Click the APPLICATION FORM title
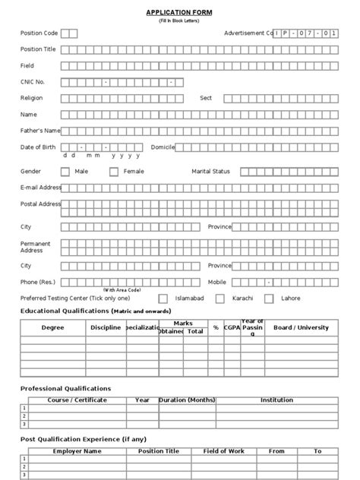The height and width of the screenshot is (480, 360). coord(179,13)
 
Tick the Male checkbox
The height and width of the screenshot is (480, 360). coord(65,172)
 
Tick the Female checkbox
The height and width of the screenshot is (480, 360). coord(114,172)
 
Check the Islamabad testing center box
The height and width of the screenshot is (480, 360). coord(163,298)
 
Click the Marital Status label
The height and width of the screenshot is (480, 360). coord(210,172)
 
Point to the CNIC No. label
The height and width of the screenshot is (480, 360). coord(33,81)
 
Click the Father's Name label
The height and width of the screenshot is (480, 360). coord(39,131)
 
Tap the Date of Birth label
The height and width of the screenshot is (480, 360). coord(38,147)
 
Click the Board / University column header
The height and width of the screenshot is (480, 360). coord(302,327)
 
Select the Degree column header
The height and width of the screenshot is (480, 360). coord(52,327)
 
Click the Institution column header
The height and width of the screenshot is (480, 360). coord(276,399)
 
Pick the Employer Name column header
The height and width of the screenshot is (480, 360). coord(77,451)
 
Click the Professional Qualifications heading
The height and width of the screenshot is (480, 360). coord(65,388)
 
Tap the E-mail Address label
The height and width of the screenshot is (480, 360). coord(41,187)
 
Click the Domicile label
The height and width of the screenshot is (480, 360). coord(163,147)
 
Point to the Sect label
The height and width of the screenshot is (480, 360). coord(206,98)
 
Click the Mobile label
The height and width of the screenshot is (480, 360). coord(217,282)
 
